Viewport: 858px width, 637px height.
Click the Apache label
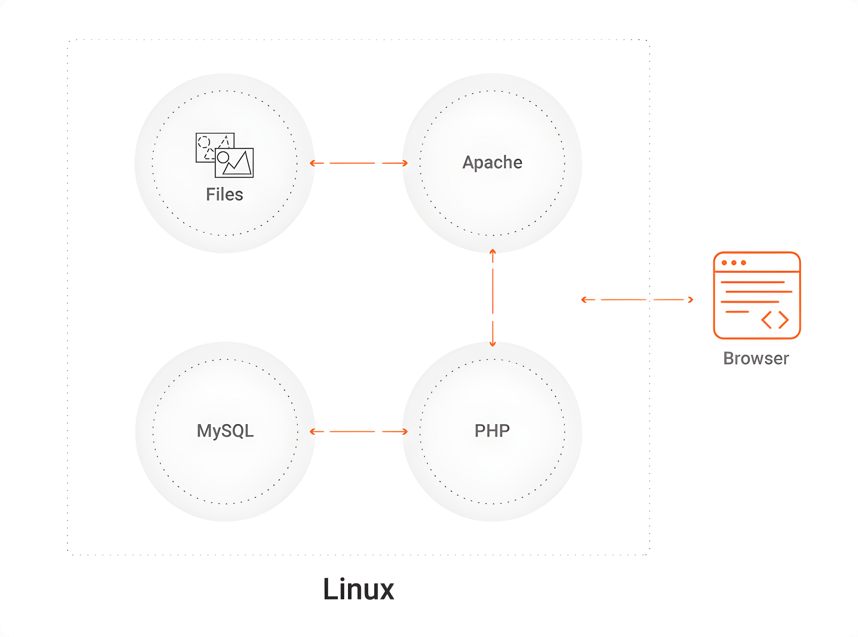click(492, 162)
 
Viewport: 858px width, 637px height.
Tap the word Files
click(225, 194)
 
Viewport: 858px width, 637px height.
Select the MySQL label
click(225, 430)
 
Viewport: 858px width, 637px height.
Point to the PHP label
click(492, 430)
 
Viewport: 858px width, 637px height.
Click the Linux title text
click(358, 589)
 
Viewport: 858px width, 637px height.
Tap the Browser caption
click(756, 358)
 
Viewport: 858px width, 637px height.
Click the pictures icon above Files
click(225, 155)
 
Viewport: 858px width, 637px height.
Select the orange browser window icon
click(756, 295)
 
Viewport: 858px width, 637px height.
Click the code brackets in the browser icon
click(775, 320)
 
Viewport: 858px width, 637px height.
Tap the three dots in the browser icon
click(733, 263)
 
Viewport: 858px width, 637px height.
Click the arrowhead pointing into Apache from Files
click(405, 163)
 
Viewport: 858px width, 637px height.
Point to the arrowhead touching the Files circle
click(312, 163)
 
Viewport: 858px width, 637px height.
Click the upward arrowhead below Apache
click(493, 252)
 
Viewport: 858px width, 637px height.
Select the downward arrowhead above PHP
click(493, 344)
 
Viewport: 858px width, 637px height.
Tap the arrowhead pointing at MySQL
click(312, 432)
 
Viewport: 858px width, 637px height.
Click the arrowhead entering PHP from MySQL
click(405, 432)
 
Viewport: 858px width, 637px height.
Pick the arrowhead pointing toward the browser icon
click(691, 300)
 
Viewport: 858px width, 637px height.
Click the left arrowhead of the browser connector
click(584, 300)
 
